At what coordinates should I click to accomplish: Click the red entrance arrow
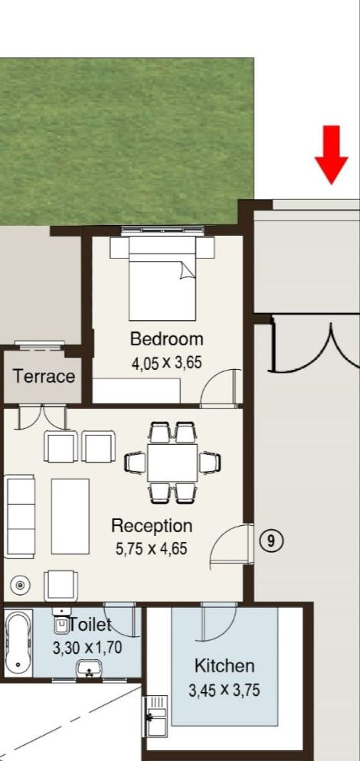pyautogui.click(x=332, y=155)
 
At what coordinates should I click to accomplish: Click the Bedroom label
pyautogui.click(x=167, y=338)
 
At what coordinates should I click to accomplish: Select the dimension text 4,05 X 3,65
pyautogui.click(x=167, y=363)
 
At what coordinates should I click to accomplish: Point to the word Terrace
pyautogui.click(x=44, y=376)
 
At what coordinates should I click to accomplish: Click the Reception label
pyautogui.click(x=152, y=526)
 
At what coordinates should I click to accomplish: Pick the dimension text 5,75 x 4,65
pyautogui.click(x=151, y=549)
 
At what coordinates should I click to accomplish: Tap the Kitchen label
pyautogui.click(x=224, y=666)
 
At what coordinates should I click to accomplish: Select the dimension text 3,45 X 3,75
pyautogui.click(x=224, y=690)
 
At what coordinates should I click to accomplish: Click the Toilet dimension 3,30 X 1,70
pyautogui.click(x=87, y=648)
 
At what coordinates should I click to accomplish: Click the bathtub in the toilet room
pyautogui.click(x=18, y=643)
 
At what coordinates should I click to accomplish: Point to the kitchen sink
pyautogui.click(x=155, y=716)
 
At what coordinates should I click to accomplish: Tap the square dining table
pyautogui.click(x=172, y=463)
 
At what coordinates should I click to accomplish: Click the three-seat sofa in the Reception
pyautogui.click(x=19, y=516)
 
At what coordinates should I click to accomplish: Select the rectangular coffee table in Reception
pyautogui.click(x=70, y=516)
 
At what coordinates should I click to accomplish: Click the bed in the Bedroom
pyautogui.click(x=162, y=279)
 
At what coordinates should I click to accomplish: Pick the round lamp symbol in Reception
pyautogui.click(x=20, y=586)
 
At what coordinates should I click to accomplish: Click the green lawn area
pyautogui.click(x=126, y=141)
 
